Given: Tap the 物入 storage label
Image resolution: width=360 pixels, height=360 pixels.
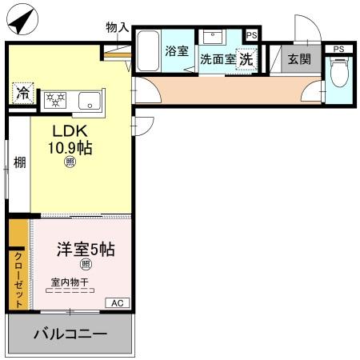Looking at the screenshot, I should [x=117, y=27].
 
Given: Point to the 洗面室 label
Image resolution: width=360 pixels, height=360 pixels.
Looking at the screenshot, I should [x=217, y=58].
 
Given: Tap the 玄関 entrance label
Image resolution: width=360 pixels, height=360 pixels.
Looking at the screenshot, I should [x=299, y=58].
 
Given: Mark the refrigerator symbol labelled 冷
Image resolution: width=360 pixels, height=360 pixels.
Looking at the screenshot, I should [x=22, y=91].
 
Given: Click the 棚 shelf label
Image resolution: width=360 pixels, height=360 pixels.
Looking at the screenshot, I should [x=19, y=163].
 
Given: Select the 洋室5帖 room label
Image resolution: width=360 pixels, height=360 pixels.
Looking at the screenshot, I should [x=85, y=249].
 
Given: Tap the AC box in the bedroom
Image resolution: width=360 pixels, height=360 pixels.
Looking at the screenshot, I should [x=117, y=302].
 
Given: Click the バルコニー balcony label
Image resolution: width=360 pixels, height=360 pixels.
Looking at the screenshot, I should [x=70, y=334].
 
